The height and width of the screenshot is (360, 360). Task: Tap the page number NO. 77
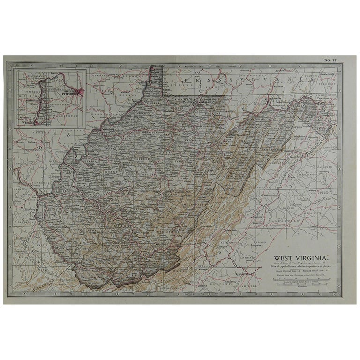[x=330, y=60]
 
